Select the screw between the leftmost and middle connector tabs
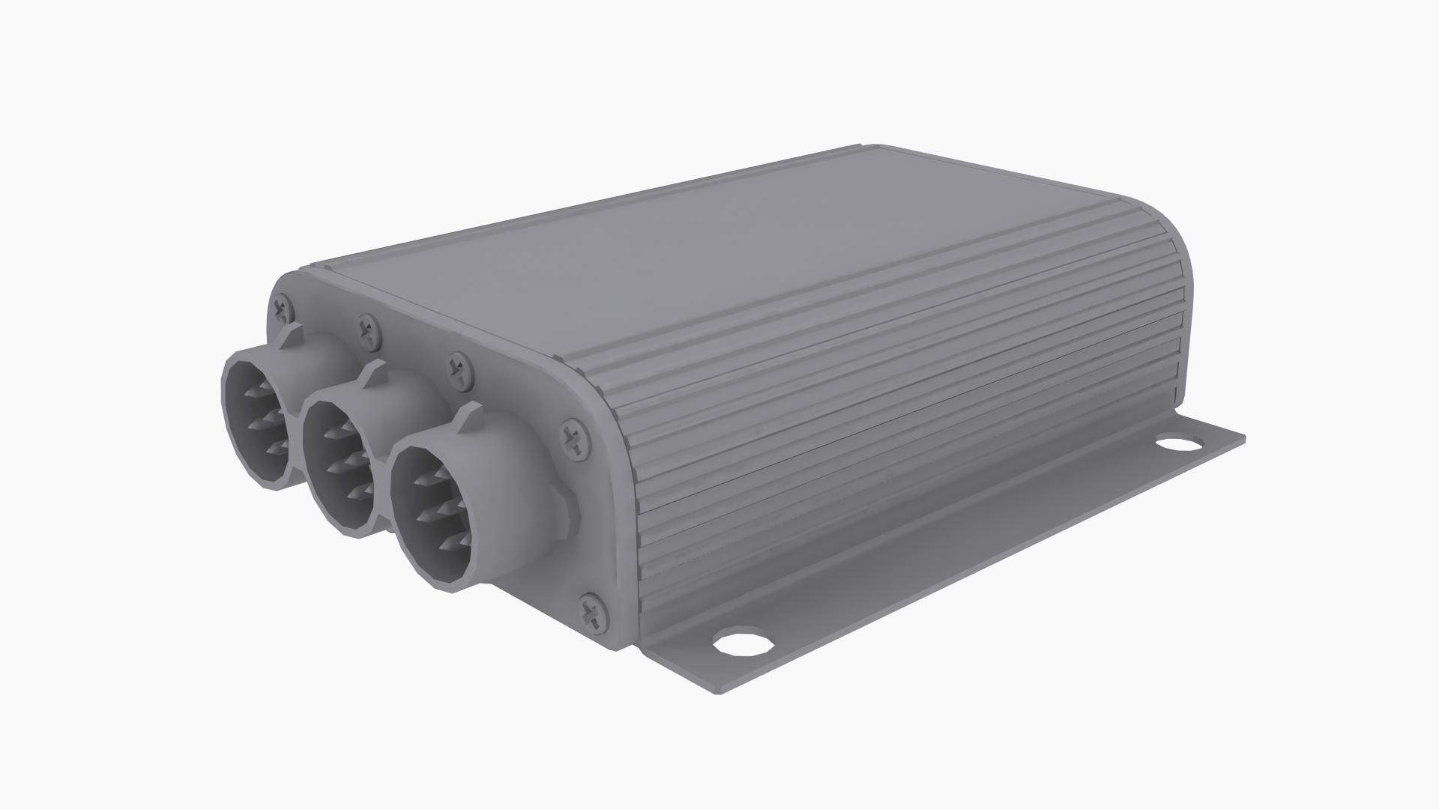(367, 330)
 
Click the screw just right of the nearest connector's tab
(574, 439)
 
